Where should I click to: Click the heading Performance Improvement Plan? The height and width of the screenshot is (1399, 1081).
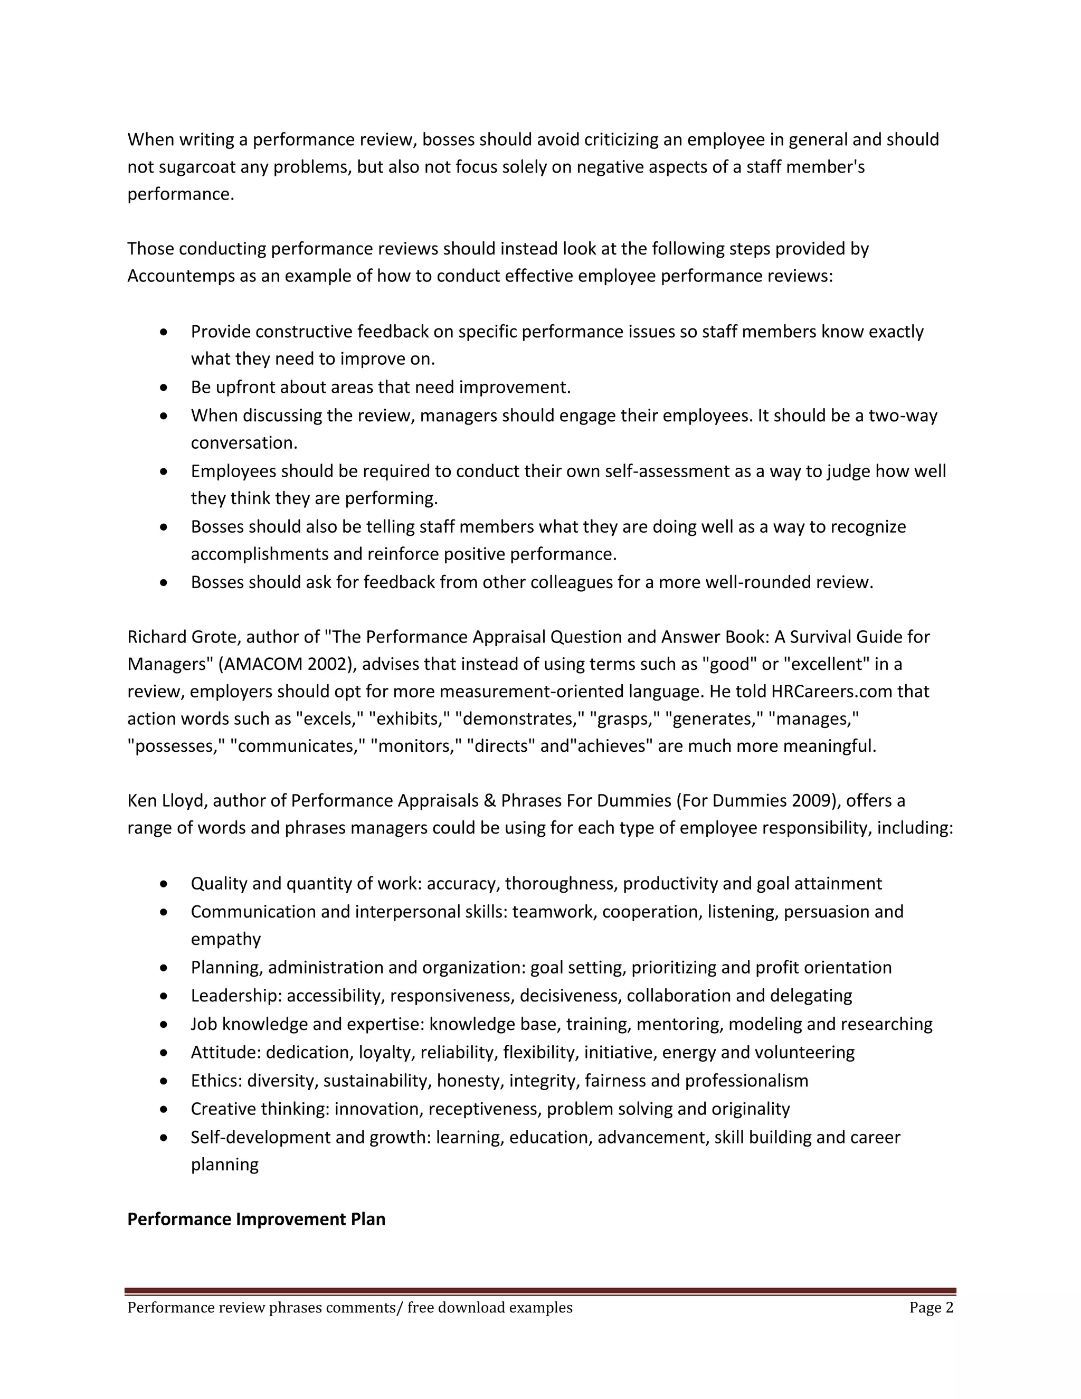(256, 1218)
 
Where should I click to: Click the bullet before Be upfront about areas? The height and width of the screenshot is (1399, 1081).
(165, 387)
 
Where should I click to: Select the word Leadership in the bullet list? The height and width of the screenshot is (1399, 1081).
(236, 996)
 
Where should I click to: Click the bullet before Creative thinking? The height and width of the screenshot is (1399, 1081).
(165, 1109)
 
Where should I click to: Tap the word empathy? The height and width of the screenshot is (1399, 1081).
(225, 939)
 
